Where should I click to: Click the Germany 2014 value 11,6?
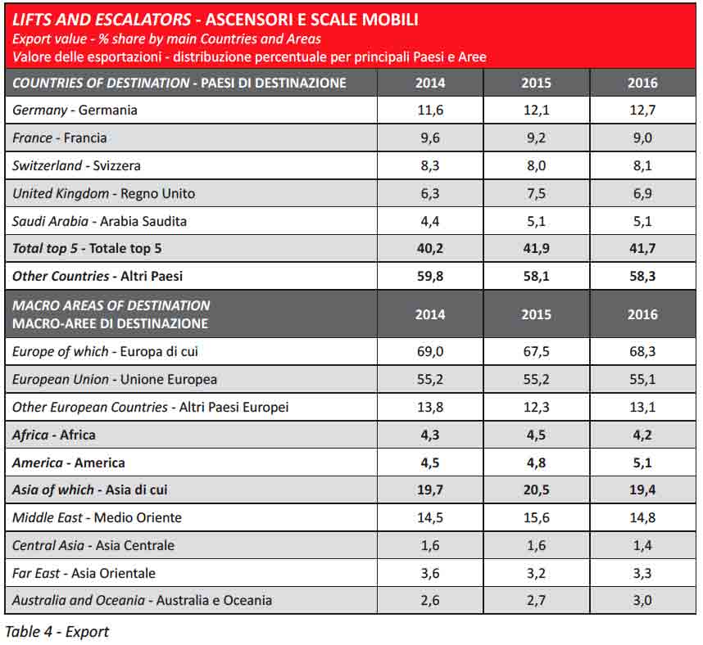[430, 111]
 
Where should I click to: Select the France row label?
[60, 138]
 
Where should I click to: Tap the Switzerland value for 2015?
[536, 166]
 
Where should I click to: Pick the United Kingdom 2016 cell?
[642, 194]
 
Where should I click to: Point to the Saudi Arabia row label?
[99, 222]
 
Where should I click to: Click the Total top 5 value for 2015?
[536, 249]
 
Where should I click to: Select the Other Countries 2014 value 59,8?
[430, 277]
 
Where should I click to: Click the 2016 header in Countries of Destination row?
[642, 83]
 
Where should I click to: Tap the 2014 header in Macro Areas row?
[430, 314]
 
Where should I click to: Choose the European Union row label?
[115, 380]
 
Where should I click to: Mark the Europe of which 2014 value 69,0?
[430, 352]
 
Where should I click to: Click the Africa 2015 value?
[536, 435]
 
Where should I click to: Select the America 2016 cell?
[642, 463]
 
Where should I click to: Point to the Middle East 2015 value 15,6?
[536, 518]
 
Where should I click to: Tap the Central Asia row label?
[93, 546]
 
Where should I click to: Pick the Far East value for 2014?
[430, 573]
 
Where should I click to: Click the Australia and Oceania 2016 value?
[642, 601]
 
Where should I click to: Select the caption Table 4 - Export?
[57, 631]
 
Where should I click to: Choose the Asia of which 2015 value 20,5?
[536, 490]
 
